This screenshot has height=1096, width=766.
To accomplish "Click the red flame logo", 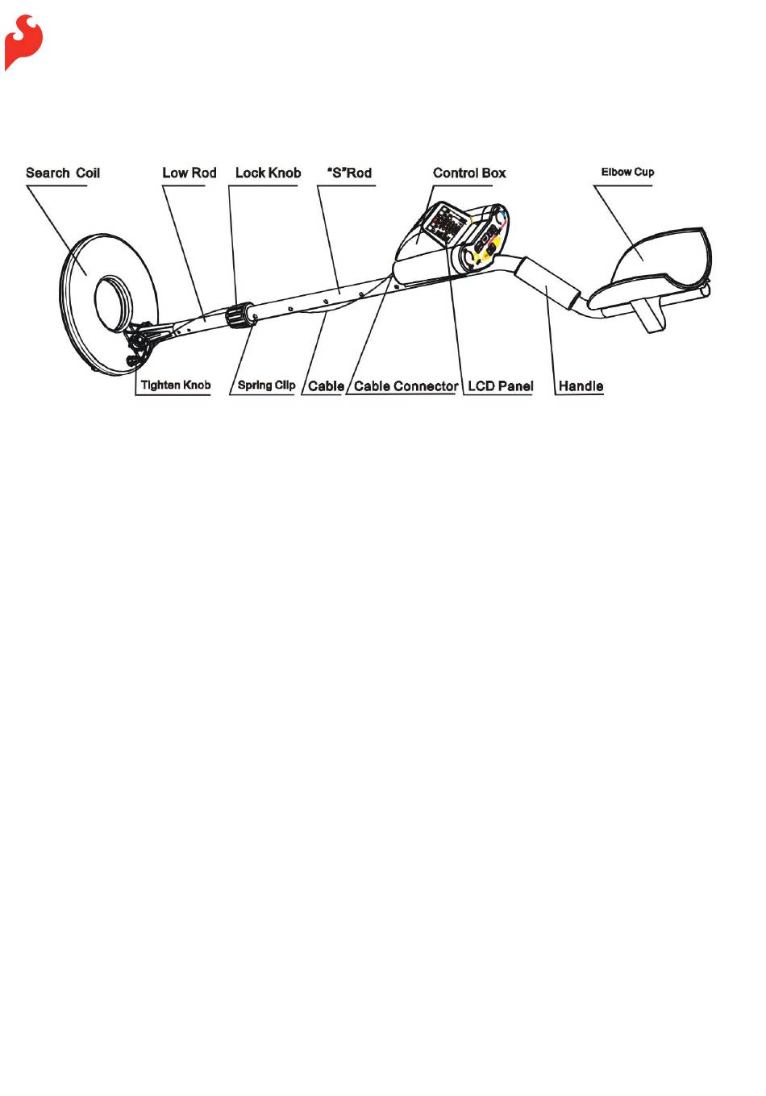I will (23, 41).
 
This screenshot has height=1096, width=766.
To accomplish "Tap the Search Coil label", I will (63, 173).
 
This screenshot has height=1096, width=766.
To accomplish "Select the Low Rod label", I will (189, 173).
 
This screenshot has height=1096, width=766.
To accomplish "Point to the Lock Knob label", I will (268, 173).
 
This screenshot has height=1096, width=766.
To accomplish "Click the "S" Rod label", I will (349, 173).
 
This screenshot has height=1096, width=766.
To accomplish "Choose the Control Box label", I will (469, 173).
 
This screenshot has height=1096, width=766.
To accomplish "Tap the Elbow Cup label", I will (627, 172).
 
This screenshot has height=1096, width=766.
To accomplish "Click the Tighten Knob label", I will (175, 385).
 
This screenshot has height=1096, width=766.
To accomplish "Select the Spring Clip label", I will (266, 385).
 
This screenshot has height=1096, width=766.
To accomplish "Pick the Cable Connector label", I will (406, 385).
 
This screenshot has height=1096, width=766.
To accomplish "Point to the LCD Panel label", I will (500, 385).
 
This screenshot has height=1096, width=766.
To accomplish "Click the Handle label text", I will (581, 385).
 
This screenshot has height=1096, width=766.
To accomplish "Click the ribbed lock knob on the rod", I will (239, 315).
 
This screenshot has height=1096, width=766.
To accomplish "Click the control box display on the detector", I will (448, 223).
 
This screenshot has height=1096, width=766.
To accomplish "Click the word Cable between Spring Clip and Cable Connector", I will (326, 385).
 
